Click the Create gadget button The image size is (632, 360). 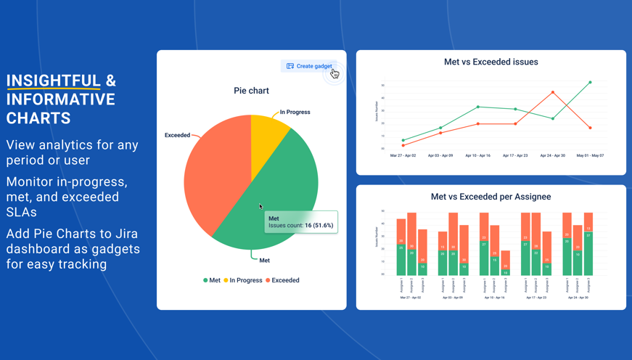[309, 66]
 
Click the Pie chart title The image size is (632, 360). [251, 91]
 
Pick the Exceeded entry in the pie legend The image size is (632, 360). [282, 280]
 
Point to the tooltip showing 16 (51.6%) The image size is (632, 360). [300, 222]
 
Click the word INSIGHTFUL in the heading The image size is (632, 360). [53, 81]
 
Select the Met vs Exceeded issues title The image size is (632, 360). [491, 62]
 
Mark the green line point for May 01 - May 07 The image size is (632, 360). [590, 83]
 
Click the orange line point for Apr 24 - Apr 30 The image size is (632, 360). [553, 93]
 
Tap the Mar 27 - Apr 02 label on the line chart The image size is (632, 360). [403, 155]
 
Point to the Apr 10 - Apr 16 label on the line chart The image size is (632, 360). [477, 155]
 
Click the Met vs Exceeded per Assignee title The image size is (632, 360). [491, 197]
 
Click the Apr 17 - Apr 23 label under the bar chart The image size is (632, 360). [536, 298]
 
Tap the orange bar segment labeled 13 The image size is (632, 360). [588, 229]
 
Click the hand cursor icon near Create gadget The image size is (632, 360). [335, 73]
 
